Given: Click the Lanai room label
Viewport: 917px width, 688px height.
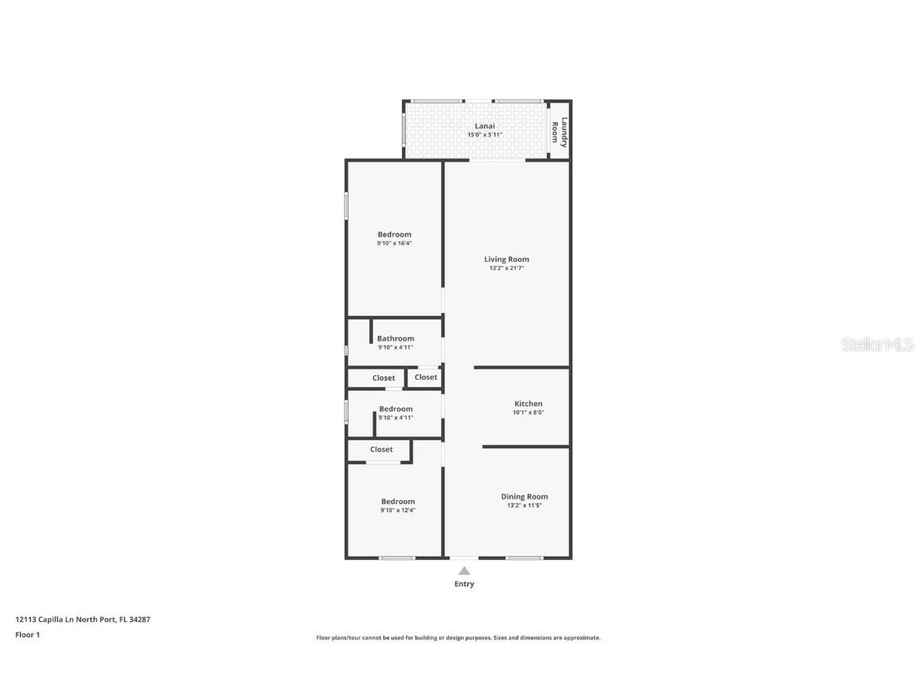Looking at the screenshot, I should pyautogui.click(x=485, y=126).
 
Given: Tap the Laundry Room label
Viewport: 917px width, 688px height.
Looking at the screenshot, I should pyautogui.click(x=560, y=132).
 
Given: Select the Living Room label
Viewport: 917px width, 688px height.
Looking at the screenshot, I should pyautogui.click(x=506, y=259).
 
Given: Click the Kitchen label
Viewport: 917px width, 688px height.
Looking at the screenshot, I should pyautogui.click(x=528, y=404).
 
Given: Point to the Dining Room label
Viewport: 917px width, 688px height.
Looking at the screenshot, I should pyautogui.click(x=524, y=496).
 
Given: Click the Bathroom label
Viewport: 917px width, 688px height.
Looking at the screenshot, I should pyautogui.click(x=395, y=338).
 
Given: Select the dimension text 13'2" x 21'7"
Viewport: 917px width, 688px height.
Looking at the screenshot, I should pyautogui.click(x=506, y=268).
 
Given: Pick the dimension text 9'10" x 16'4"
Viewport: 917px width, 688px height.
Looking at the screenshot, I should pyautogui.click(x=394, y=244).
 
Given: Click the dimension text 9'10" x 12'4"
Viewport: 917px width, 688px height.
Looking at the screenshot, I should pyautogui.click(x=397, y=510).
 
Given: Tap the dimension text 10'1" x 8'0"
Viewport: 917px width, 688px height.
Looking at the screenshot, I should pyautogui.click(x=528, y=413).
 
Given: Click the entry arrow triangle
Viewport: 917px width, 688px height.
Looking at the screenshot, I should pyautogui.click(x=464, y=570).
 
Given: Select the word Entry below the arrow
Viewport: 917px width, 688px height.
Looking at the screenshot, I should pyautogui.click(x=464, y=584).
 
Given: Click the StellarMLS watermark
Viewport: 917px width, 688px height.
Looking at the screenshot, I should pyautogui.click(x=876, y=344).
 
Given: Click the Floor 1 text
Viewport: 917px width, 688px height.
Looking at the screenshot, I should pyautogui.click(x=27, y=635).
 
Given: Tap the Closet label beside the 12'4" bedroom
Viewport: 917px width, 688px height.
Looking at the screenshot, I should pyautogui.click(x=381, y=449).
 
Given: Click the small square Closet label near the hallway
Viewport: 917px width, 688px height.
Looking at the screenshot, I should pyautogui.click(x=425, y=377).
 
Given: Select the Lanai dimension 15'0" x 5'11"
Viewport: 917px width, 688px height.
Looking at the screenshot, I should pyautogui.click(x=485, y=135).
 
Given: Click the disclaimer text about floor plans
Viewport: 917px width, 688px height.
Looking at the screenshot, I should pyautogui.click(x=458, y=638).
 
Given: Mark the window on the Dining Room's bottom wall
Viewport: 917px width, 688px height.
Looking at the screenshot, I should pyautogui.click(x=524, y=557).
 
